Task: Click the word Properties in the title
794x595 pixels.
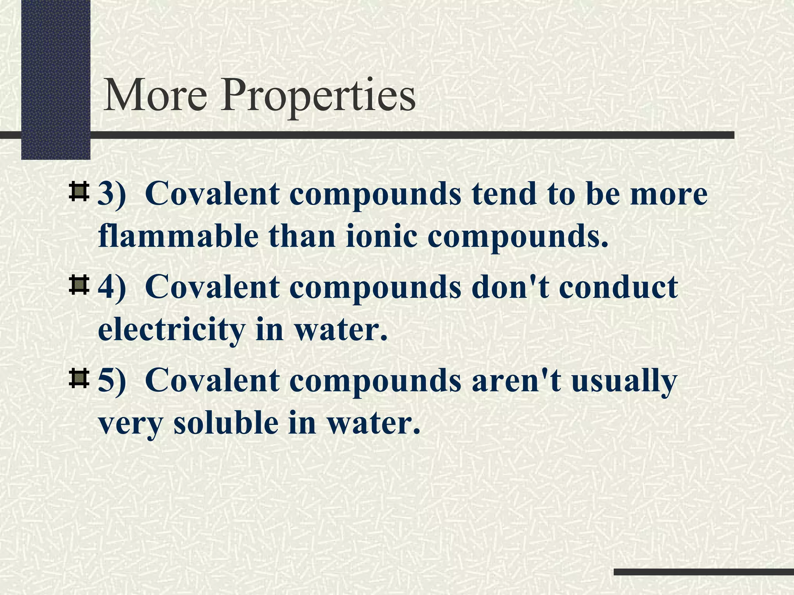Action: (x=318, y=97)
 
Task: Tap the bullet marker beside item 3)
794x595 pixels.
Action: (x=79, y=192)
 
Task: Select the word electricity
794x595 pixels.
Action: (x=171, y=330)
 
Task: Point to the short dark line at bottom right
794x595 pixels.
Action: (x=704, y=572)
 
